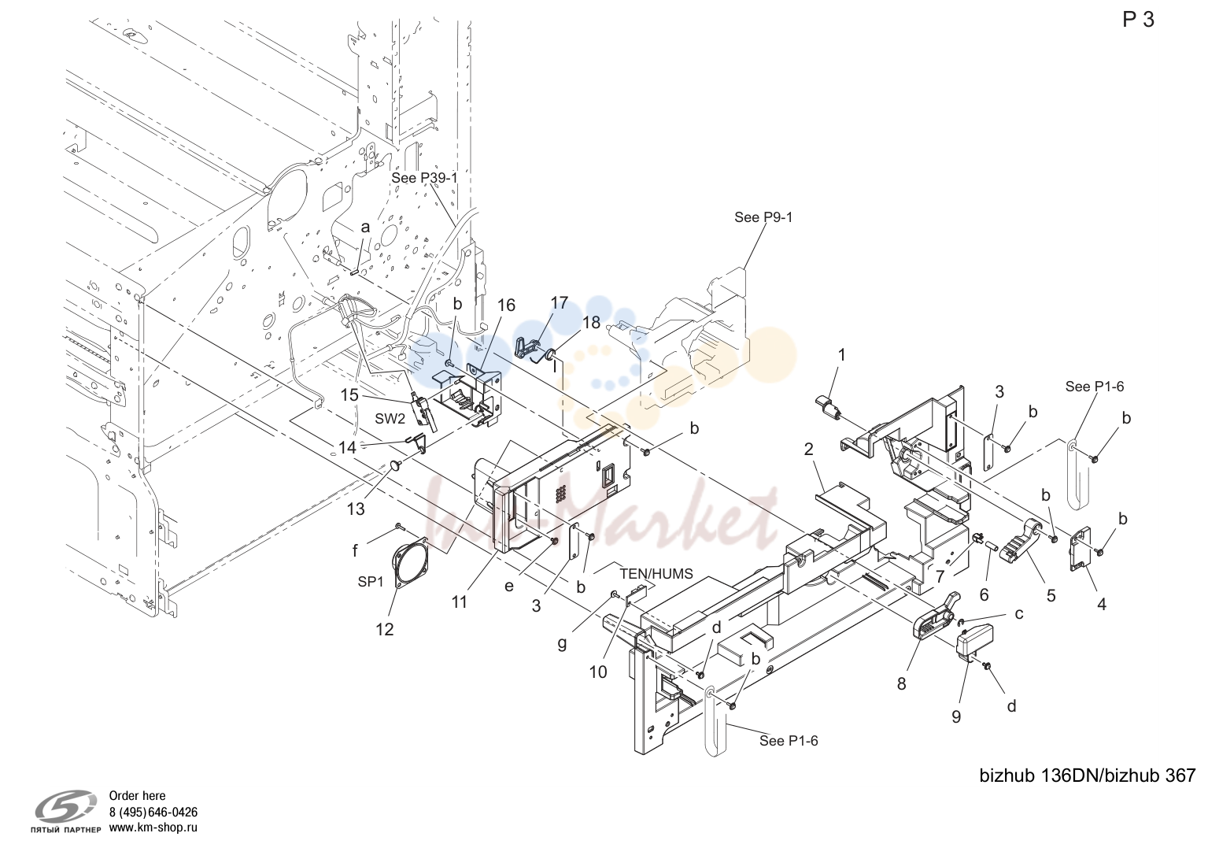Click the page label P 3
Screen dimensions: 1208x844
(1139, 20)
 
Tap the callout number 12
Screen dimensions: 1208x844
(385, 629)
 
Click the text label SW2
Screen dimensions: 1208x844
(390, 419)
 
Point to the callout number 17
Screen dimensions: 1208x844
(560, 303)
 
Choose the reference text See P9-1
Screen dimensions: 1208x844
(763, 217)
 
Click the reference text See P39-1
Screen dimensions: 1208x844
(424, 178)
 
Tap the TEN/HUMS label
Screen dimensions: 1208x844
(656, 574)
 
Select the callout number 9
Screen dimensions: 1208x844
(956, 716)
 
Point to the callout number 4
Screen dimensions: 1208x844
(1102, 605)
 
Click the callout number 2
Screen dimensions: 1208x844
(808, 449)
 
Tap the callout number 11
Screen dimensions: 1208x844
(459, 602)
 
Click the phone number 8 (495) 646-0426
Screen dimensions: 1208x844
(153, 813)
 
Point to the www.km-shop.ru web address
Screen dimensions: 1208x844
(153, 827)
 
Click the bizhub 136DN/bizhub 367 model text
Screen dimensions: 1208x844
(1088, 776)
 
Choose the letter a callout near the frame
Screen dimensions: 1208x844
(365, 228)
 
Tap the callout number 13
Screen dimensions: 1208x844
(356, 509)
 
